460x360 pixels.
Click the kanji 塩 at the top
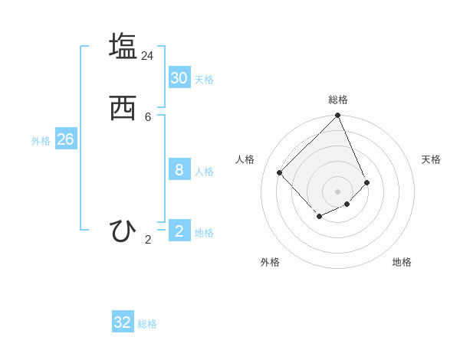coord(123,45)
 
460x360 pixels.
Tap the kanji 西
coord(123,109)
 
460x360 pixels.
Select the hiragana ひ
coord(123,231)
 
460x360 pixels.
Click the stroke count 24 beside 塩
coord(147,55)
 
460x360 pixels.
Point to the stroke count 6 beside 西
coord(148,117)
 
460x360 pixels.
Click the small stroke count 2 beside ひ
coord(148,240)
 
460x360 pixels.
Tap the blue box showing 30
coord(179,78)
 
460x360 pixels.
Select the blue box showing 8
coord(179,169)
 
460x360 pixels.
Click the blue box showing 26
coord(65,139)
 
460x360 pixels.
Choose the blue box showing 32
coord(123,322)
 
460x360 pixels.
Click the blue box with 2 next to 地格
coord(179,231)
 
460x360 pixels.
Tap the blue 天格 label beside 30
coord(204,80)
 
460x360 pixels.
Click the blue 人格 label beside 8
coord(204,172)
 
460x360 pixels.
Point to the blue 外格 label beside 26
coord(41,141)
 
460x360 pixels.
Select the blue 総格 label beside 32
coord(147,324)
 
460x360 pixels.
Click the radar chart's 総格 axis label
coord(338,100)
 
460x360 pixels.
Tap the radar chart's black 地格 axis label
coord(402,262)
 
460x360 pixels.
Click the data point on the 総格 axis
coord(338,116)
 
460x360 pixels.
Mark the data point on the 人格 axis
coord(280,172)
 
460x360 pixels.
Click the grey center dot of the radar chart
coord(338,191)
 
